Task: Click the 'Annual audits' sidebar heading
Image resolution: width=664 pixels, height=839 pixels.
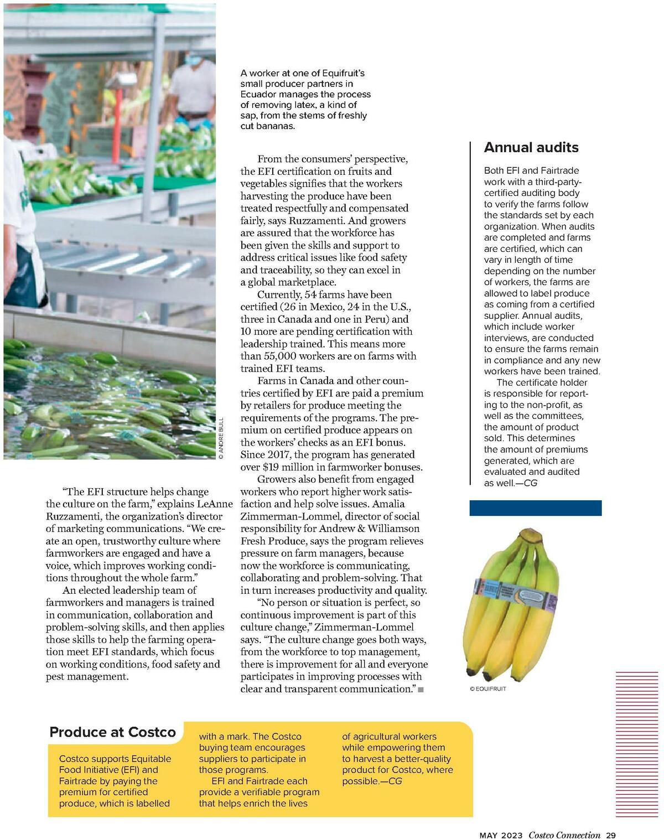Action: (531, 147)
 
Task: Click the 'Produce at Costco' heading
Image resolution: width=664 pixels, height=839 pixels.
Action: (112, 732)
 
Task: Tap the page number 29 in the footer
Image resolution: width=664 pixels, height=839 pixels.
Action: (611, 835)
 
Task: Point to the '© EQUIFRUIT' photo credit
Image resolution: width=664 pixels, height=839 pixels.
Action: (487, 689)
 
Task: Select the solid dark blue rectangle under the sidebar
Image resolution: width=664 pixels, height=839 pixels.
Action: (535, 508)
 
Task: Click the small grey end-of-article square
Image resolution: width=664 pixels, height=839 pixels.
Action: (421, 690)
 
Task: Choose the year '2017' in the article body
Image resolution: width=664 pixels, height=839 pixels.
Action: (279, 455)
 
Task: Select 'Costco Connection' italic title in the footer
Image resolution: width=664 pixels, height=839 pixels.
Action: (564, 835)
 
